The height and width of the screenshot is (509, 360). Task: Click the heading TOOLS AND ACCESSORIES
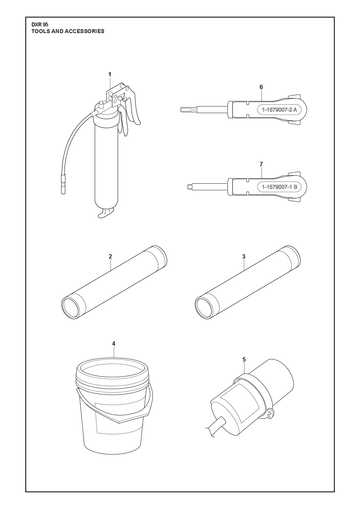pos(68,31)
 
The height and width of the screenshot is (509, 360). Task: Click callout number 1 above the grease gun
pos(110,74)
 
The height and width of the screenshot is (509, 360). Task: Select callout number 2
pos(110,257)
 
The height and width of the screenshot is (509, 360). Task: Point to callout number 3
pos(244,256)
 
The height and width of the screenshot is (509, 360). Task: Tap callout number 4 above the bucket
pos(114,343)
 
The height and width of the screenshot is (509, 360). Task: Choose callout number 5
pos(244,359)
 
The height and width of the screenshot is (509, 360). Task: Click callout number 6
pos(261,87)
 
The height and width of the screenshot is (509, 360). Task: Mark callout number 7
pos(261,164)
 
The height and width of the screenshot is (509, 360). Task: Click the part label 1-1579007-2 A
pos(279,109)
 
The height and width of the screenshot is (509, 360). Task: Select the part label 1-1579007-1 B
pos(279,187)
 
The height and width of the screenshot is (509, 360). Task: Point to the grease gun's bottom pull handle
pos(106,213)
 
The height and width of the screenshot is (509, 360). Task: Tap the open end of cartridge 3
pos(205,307)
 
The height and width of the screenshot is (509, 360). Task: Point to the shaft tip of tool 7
pos(189,187)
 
